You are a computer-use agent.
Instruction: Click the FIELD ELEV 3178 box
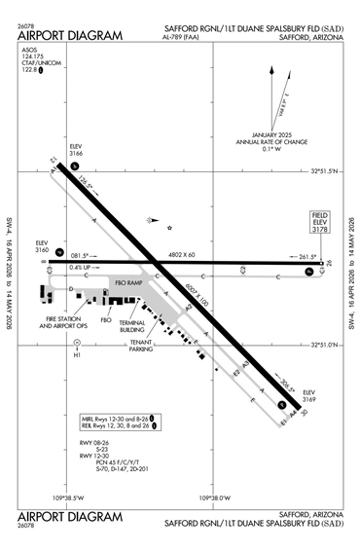point(320,222)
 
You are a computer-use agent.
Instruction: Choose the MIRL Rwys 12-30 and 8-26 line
point(117,418)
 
